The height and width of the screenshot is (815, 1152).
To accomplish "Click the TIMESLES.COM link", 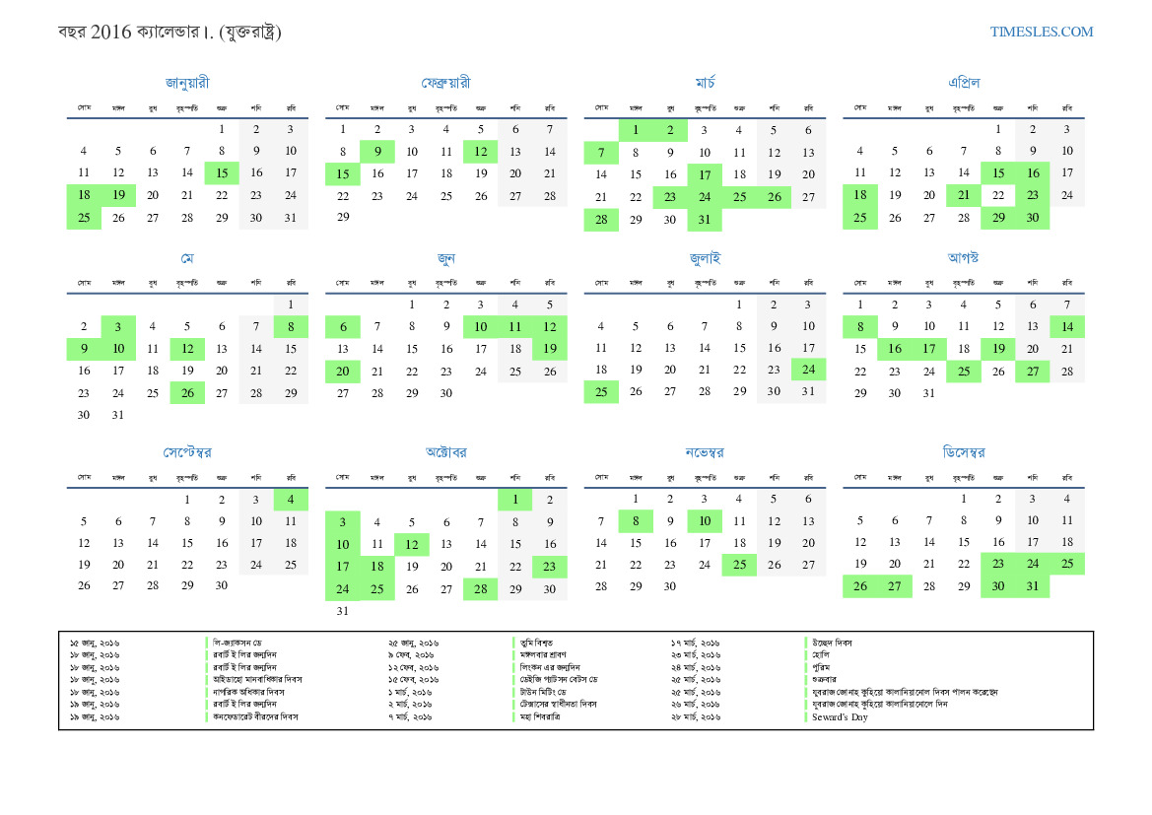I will (x=1041, y=32).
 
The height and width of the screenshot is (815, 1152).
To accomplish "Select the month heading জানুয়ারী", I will (x=187, y=83).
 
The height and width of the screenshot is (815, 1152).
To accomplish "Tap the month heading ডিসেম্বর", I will (x=963, y=452).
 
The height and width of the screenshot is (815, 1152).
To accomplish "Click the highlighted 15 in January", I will (x=222, y=173).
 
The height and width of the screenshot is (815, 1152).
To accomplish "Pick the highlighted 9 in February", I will (x=377, y=151).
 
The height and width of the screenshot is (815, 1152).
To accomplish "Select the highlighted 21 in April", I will (x=963, y=195).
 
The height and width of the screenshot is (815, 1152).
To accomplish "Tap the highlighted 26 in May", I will (x=187, y=392).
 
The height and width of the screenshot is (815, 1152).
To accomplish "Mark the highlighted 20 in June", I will (x=343, y=371).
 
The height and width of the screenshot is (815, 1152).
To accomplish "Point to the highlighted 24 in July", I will (x=808, y=370).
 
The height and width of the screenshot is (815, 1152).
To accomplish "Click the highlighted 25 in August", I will (x=963, y=371).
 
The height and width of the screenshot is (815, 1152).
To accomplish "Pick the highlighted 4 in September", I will (x=291, y=500).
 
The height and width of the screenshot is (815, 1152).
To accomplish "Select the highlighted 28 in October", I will (x=481, y=588).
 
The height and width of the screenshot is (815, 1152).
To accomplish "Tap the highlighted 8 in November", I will (x=636, y=521).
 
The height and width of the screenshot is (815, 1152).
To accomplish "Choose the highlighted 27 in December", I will (x=894, y=586).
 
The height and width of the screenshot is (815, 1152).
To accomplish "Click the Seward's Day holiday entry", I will (x=840, y=716).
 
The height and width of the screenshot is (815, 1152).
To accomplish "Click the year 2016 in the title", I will (x=109, y=33).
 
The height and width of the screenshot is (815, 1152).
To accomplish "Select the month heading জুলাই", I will (x=705, y=258).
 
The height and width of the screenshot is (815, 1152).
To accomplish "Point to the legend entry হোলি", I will (x=822, y=654).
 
